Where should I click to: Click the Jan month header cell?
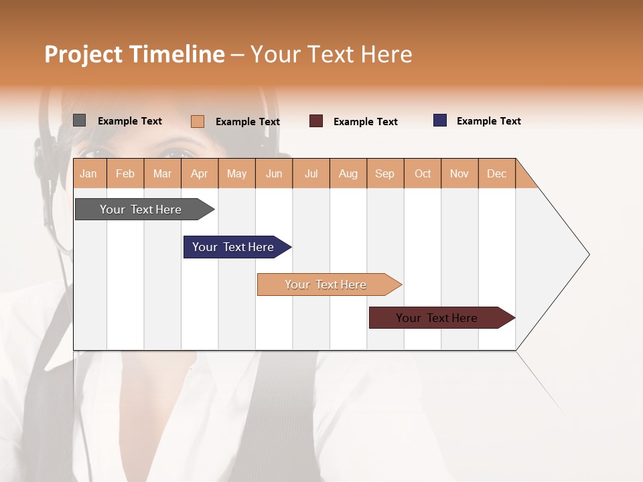click(x=89, y=173)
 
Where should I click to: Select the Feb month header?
click(x=125, y=173)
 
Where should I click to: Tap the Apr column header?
click(x=200, y=173)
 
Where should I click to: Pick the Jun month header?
click(x=274, y=173)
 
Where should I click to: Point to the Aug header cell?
click(x=348, y=173)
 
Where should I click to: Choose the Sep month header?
click(x=385, y=173)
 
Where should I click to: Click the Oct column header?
click(x=423, y=173)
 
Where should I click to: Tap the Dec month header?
click(x=497, y=173)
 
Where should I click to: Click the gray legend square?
click(x=79, y=120)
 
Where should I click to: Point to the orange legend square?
click(x=197, y=121)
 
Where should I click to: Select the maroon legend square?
click(x=316, y=121)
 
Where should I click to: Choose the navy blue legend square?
click(x=439, y=120)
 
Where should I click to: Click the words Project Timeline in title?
click(x=135, y=54)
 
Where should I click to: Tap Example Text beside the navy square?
click(x=488, y=121)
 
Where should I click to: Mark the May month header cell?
click(x=236, y=173)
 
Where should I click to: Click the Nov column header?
click(x=459, y=173)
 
